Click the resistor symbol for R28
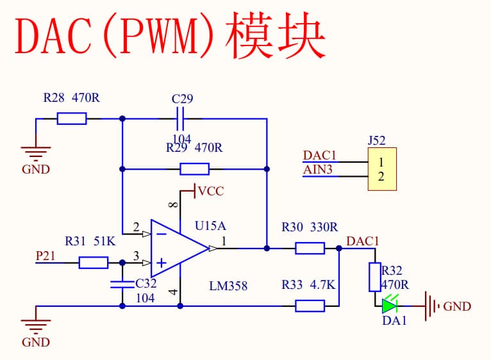click(x=72, y=119)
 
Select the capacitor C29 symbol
click(x=180, y=119)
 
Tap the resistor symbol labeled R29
click(x=194, y=169)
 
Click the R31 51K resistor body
click(x=94, y=262)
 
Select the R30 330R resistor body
click(x=310, y=247)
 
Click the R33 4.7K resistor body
click(x=310, y=306)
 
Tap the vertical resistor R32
click(x=374, y=276)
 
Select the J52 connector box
click(x=381, y=169)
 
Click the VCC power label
click(x=211, y=191)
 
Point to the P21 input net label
click(x=45, y=256)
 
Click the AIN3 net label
click(x=318, y=170)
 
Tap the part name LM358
click(x=228, y=285)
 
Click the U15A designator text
click(x=210, y=225)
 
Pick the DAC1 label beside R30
click(x=363, y=241)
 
